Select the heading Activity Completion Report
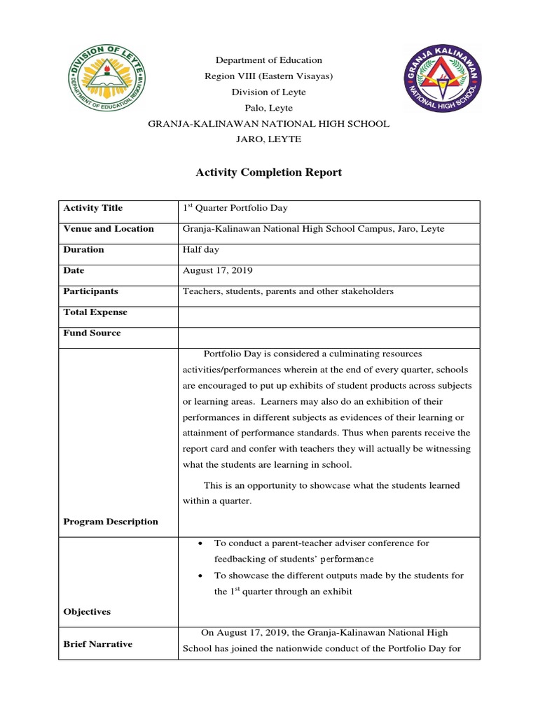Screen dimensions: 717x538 click(x=268, y=172)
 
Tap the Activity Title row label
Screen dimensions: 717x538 click(x=92, y=208)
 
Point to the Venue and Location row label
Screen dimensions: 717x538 click(x=109, y=229)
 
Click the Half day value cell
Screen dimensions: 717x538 click(x=202, y=250)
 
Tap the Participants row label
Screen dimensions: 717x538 click(x=90, y=291)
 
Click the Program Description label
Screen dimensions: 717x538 click(x=111, y=522)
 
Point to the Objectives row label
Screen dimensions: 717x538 click(x=87, y=612)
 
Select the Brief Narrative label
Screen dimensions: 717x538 click(x=97, y=644)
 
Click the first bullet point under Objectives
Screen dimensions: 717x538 click(x=202, y=543)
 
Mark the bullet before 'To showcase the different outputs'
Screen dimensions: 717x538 click(x=202, y=576)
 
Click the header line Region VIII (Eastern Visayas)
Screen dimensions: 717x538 click(x=268, y=76)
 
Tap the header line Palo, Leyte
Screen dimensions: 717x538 click(x=268, y=108)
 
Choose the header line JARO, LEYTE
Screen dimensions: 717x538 click(x=268, y=139)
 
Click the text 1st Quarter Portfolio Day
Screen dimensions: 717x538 click(x=235, y=208)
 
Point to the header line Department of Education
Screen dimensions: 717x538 click(x=268, y=60)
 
